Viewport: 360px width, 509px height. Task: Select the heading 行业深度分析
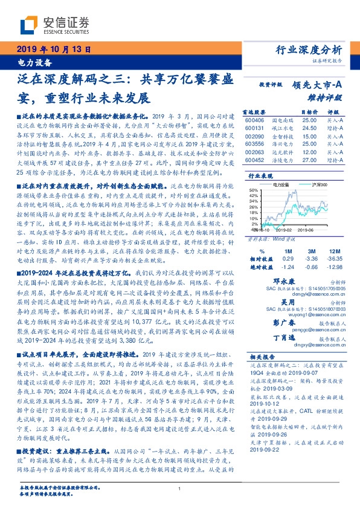309,50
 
